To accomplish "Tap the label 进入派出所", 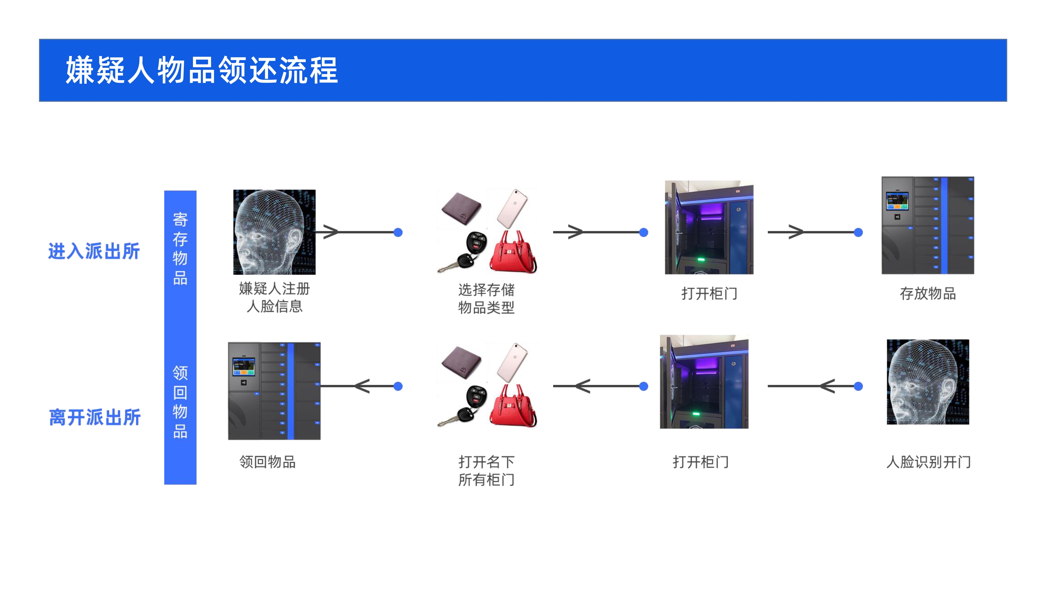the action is tap(94, 251).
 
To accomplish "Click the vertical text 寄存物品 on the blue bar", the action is tap(180, 248).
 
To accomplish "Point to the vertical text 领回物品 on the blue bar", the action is tap(180, 402).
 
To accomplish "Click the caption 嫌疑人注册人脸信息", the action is tap(275, 297).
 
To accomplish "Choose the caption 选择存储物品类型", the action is tap(486, 298).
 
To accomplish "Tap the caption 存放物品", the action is tap(928, 293).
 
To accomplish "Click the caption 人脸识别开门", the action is tap(929, 462).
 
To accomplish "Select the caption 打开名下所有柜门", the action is tap(486, 471).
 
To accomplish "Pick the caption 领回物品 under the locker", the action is tap(268, 462).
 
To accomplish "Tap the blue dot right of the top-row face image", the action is tap(398, 232).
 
